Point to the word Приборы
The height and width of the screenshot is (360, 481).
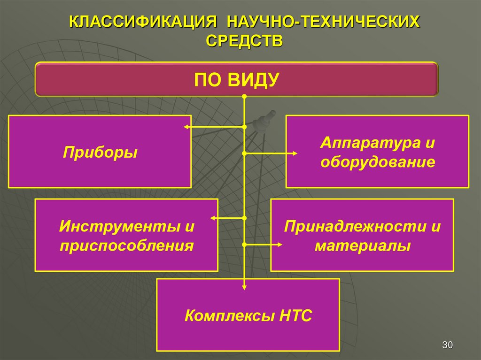coord(101,152)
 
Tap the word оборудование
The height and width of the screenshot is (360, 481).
coord(378,162)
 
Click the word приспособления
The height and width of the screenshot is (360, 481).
coord(127,245)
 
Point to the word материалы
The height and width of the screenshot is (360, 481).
coord(363,245)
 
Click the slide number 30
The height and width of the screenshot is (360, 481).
coord(447,345)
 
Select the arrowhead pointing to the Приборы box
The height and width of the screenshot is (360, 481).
coord(186,127)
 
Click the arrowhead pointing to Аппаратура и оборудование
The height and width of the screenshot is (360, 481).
coord(295,153)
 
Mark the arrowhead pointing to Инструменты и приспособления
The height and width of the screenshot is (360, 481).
coord(213,218)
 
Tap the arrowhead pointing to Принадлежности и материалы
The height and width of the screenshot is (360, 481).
coord(280,245)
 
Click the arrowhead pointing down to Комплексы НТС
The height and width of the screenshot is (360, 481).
coord(244,288)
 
